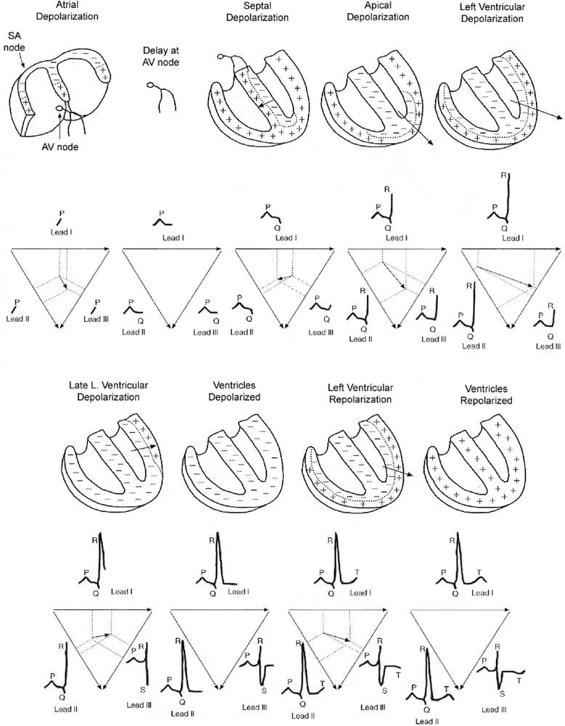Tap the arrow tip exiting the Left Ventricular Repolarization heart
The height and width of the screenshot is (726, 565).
coord(423,478)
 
